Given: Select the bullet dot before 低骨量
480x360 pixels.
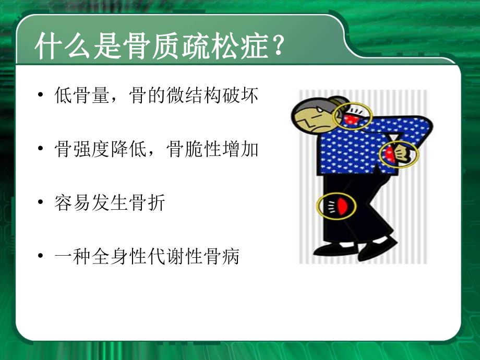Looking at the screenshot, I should (41, 97).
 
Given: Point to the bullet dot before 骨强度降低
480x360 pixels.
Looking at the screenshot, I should (41, 150).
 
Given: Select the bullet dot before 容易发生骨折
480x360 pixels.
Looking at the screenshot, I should (41, 203).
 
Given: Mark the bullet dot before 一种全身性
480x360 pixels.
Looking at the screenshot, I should (41, 257).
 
